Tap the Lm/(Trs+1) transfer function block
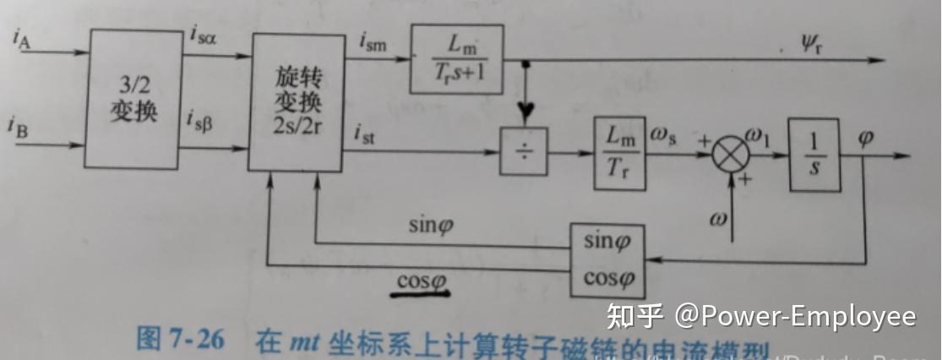point(456,59)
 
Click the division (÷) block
point(523,153)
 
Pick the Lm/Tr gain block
point(620,152)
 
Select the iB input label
point(19,130)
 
